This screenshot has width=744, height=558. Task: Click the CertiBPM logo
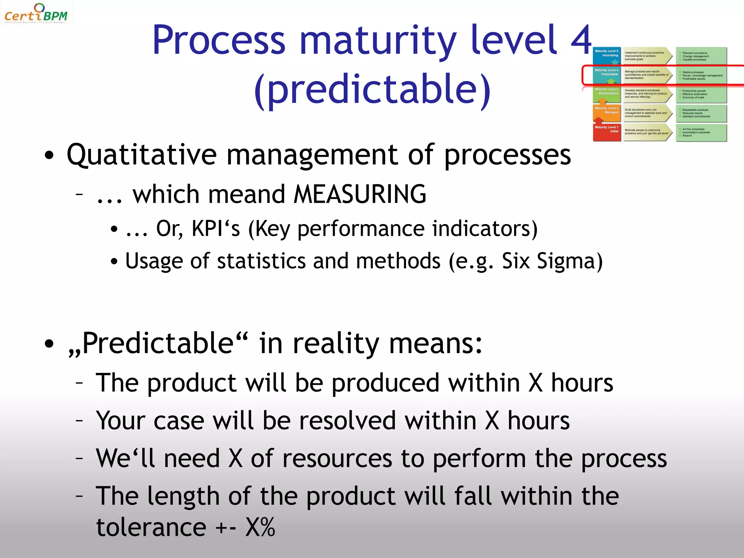click(36, 13)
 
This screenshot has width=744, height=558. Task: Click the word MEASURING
click(360, 194)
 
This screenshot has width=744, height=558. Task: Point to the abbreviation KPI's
click(216, 229)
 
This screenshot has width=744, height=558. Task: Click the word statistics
click(261, 261)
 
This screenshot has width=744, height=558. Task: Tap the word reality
click(336, 343)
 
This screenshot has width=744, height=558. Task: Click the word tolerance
click(151, 527)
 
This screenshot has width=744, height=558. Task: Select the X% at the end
click(260, 527)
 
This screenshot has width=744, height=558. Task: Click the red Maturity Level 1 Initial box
click(607, 132)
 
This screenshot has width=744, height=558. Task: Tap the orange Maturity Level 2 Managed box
click(607, 113)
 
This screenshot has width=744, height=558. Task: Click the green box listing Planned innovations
click(701, 56)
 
